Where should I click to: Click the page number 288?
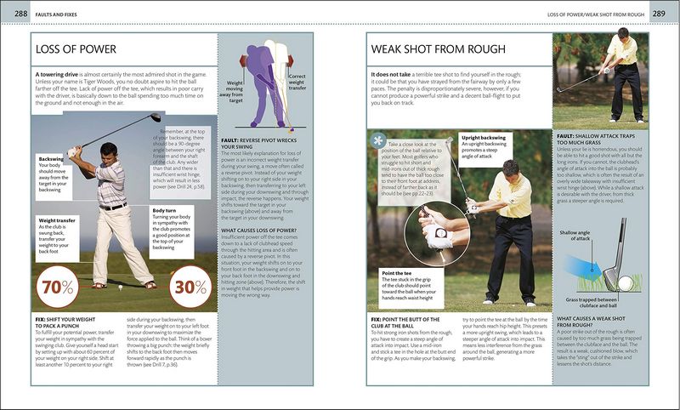coord(12,13)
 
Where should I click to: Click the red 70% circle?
coord(58,287)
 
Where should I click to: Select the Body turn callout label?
coord(166,209)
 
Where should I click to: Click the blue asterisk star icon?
coord(378,140)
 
